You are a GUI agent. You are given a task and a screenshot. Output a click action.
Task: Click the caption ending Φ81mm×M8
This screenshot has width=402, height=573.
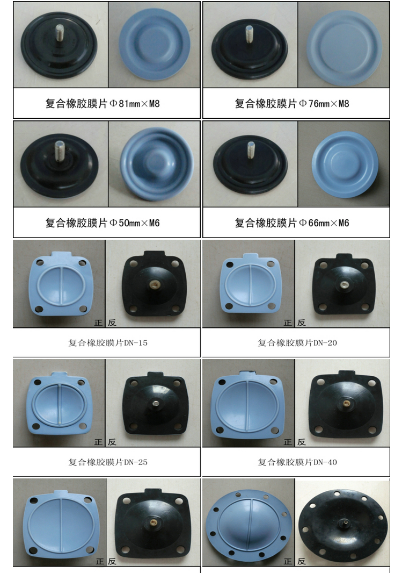103,103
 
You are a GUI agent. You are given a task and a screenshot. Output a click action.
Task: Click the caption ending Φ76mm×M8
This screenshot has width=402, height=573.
292,103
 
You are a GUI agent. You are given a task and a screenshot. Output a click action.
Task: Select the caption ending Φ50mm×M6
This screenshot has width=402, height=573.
103,223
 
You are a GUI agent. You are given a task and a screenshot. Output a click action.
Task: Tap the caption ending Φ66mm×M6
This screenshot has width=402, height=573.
292,223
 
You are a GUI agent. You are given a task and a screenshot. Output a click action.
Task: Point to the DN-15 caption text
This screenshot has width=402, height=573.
108,343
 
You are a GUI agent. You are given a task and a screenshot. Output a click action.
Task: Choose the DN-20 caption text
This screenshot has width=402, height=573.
297,343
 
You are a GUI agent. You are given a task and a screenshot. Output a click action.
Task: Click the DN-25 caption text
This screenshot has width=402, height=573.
108,462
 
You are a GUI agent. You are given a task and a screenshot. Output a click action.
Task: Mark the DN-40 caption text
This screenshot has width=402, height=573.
297,462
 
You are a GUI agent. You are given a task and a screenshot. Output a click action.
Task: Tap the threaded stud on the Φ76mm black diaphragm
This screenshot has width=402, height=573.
249,34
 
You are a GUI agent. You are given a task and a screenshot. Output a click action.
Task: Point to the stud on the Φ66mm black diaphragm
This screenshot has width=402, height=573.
251,150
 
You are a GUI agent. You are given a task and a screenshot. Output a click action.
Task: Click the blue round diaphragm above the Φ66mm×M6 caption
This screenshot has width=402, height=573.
345,165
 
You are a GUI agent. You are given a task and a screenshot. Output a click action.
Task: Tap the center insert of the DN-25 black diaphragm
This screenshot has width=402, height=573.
156,404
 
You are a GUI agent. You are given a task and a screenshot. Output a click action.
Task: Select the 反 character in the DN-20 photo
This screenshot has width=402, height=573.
301,323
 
